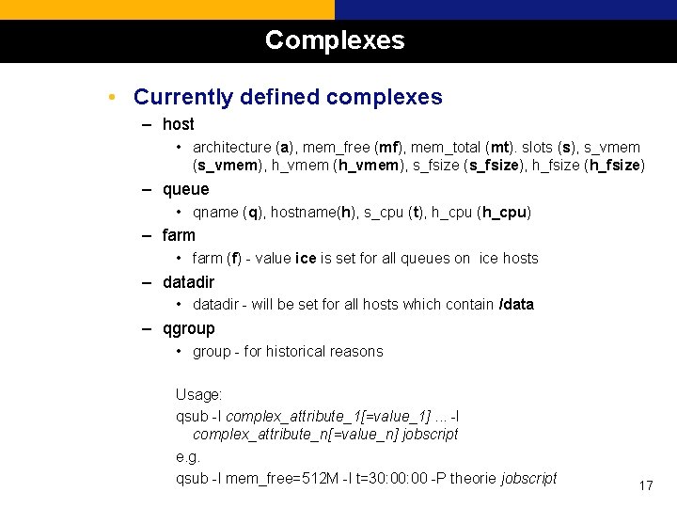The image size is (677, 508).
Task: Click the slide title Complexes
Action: [x=335, y=40]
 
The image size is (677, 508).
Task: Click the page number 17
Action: [x=645, y=485]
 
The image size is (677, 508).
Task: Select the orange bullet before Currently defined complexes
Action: [x=112, y=98]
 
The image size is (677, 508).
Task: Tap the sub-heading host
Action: [x=178, y=124]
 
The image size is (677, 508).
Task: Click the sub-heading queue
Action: [x=185, y=189]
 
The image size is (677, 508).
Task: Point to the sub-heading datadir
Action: [x=188, y=282]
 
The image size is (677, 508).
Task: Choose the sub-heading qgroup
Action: [x=188, y=328]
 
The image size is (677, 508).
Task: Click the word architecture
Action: [x=231, y=148]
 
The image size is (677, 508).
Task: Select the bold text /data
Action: [x=516, y=305]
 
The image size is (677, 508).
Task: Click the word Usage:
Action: [x=198, y=395]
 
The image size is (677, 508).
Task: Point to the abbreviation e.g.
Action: [x=189, y=458]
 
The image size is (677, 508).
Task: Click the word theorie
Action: [x=471, y=479]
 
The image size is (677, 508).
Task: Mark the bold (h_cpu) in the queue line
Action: [x=504, y=213]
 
